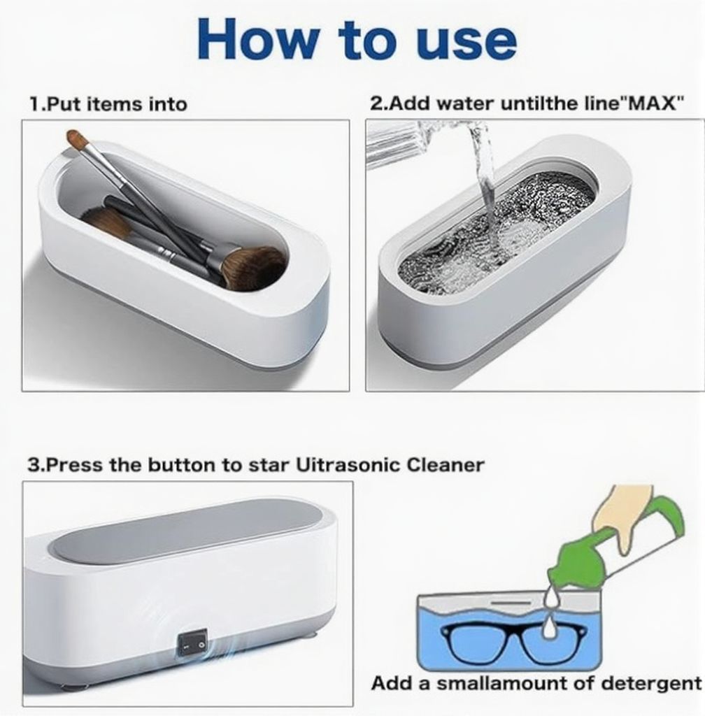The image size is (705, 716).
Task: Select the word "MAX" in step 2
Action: pos(652,103)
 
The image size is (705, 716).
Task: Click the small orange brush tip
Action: pos(74,136)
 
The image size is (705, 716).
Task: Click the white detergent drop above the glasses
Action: pos(549,629)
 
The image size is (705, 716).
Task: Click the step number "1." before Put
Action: pos(38,105)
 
